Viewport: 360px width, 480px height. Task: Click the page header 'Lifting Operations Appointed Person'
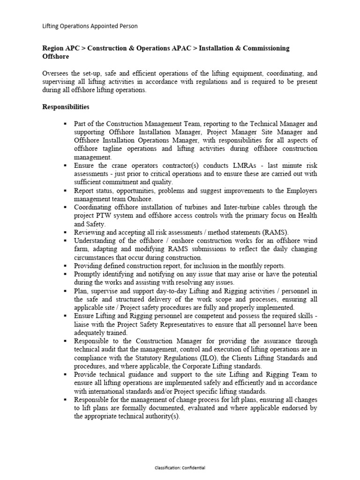[x=90, y=26]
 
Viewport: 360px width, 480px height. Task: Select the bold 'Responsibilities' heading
[x=66, y=107]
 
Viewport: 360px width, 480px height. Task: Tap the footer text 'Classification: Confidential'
[x=180, y=468]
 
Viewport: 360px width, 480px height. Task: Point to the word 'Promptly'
[x=87, y=274]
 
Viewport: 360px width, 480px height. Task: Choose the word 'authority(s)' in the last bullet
[x=162, y=417]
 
